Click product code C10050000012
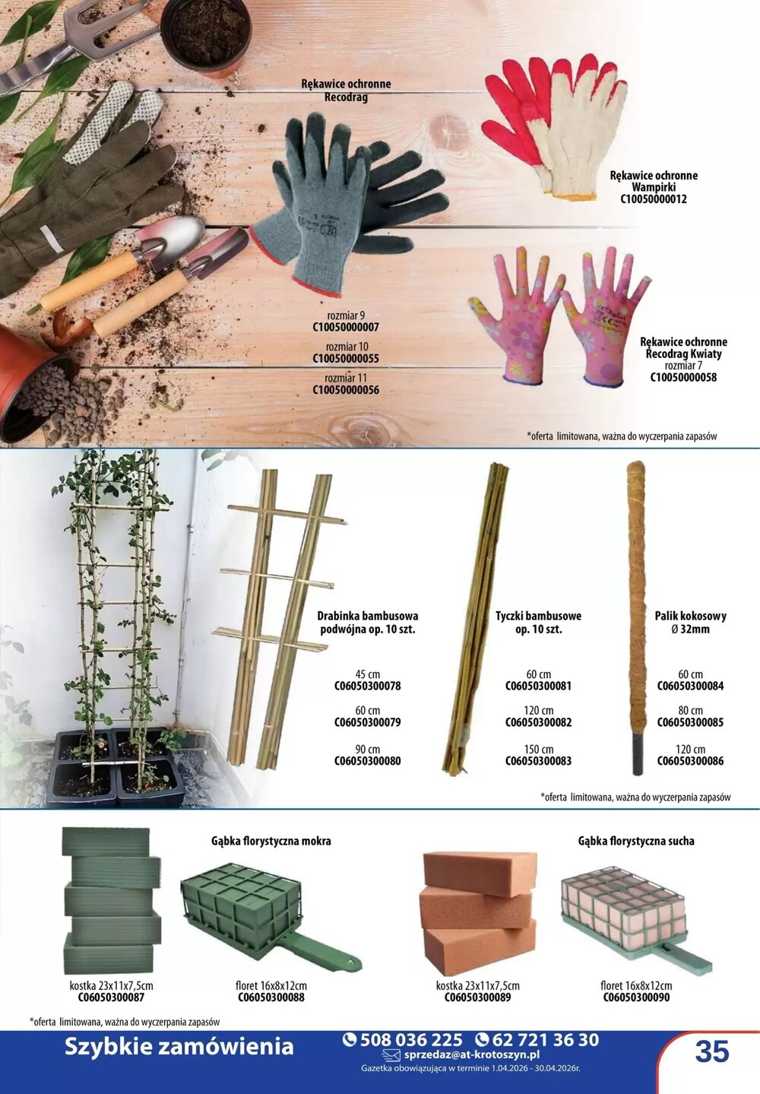653,198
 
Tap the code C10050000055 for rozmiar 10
346,358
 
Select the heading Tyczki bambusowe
538,616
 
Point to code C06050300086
690,760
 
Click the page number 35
712,1052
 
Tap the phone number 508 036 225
403,1040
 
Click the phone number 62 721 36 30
537,1040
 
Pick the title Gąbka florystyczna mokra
271,841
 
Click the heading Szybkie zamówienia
179,1047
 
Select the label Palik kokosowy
690,616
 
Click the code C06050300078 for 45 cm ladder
368,686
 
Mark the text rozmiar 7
682,366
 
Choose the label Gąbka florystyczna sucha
636,841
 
